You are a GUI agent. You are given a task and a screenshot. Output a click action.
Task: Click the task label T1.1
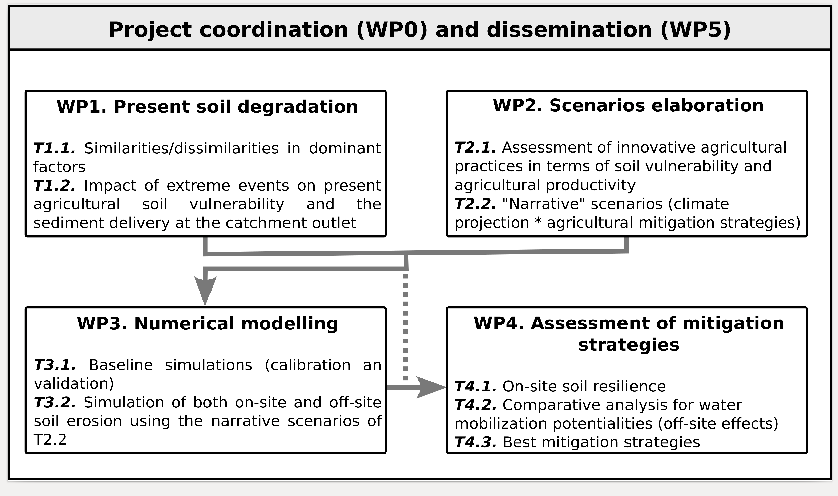pyautogui.click(x=54, y=148)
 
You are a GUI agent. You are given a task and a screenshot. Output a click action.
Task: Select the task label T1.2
pyautogui.click(x=54, y=186)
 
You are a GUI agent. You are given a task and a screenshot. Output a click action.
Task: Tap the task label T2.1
pyautogui.click(x=476, y=148)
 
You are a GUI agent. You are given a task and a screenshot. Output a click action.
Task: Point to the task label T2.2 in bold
pyautogui.click(x=476, y=204)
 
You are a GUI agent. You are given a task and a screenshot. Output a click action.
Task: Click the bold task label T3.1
pyautogui.click(x=55, y=365)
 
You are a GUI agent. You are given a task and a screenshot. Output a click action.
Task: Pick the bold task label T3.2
pyautogui.click(x=55, y=402)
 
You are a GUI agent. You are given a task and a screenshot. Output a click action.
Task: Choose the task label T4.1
pyautogui.click(x=476, y=386)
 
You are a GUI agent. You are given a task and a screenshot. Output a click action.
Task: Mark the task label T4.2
pyautogui.click(x=476, y=405)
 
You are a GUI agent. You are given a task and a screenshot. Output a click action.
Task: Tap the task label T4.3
pyautogui.click(x=476, y=442)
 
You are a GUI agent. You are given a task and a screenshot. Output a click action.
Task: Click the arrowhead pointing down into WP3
pyautogui.click(x=205, y=290)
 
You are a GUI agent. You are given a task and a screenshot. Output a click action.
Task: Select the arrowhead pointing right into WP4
pyautogui.click(x=432, y=387)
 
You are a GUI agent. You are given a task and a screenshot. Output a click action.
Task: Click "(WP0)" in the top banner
pyautogui.click(x=392, y=30)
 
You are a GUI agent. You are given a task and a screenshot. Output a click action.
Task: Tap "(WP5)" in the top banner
pyautogui.click(x=696, y=30)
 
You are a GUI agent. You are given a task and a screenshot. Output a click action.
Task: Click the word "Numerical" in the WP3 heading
pyautogui.click(x=183, y=324)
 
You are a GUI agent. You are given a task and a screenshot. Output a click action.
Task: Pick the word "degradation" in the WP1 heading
pyautogui.click(x=298, y=107)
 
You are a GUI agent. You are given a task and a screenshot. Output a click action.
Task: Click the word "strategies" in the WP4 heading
pyautogui.click(x=629, y=345)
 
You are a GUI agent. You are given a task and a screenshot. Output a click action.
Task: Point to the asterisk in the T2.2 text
pyautogui.click(x=538, y=221)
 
